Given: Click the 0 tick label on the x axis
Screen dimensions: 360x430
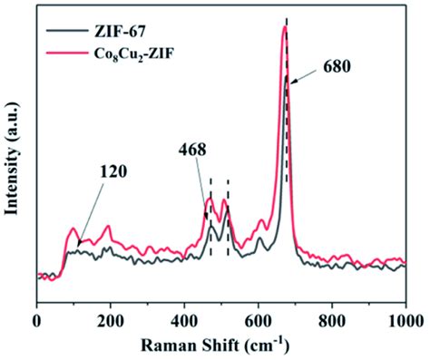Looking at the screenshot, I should [37, 319].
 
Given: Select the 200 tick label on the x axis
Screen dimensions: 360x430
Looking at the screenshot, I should [111, 319].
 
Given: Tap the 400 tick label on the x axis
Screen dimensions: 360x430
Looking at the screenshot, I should [184, 319].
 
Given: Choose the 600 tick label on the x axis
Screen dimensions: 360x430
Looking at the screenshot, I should [258, 319].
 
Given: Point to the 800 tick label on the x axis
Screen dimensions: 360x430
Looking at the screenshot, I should [331, 319].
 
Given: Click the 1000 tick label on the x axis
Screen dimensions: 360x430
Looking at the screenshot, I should [404, 319].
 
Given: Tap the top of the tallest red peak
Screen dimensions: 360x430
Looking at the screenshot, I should [284, 27].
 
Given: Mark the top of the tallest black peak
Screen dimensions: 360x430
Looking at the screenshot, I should [287, 78].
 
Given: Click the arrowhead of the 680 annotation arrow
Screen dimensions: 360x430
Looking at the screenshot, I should [291, 81].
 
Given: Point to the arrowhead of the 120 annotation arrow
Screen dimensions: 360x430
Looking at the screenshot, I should [78, 242].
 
